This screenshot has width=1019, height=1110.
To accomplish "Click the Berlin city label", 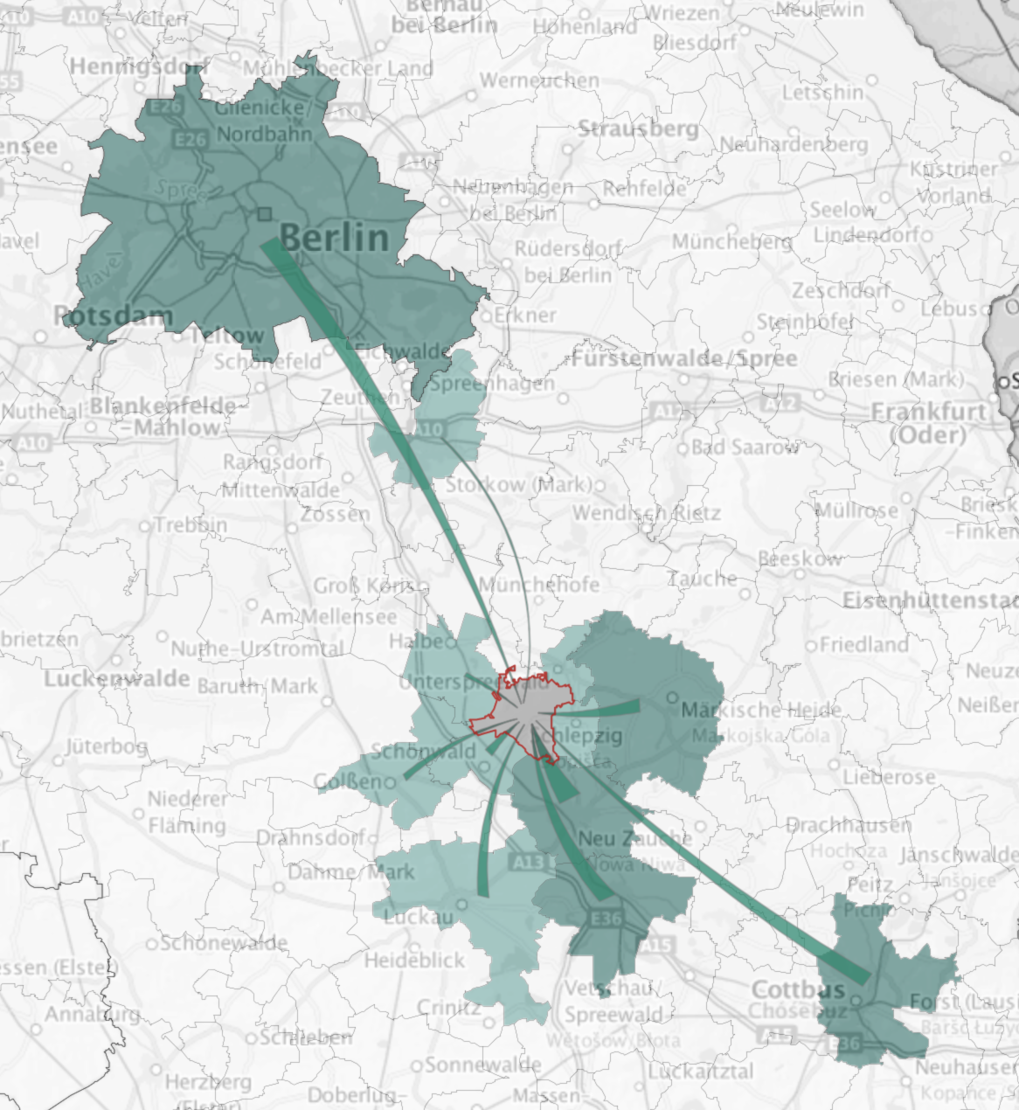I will [334, 237].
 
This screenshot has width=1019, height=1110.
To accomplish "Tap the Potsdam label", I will [114, 316].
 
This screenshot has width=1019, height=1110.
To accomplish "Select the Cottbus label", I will [798, 989].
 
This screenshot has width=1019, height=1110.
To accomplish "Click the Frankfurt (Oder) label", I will [929, 422].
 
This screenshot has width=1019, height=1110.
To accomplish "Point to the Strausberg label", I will [638, 129].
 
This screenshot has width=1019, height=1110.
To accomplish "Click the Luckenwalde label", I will [117, 678].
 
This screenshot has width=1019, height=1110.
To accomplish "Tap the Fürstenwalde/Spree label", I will [684, 358].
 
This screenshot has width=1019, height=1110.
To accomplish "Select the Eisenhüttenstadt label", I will [930, 600].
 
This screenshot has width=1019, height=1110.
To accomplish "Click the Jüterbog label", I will [107, 746].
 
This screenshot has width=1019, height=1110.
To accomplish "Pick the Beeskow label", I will [800, 558].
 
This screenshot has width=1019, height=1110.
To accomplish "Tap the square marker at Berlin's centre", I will [265, 213].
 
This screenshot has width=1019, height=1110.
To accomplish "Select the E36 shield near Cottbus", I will [847, 1043].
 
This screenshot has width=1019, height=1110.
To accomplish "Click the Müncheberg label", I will [731, 241].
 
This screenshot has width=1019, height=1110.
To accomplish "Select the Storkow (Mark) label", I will [518, 484].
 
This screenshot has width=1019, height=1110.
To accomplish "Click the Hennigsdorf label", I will [138, 66].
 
